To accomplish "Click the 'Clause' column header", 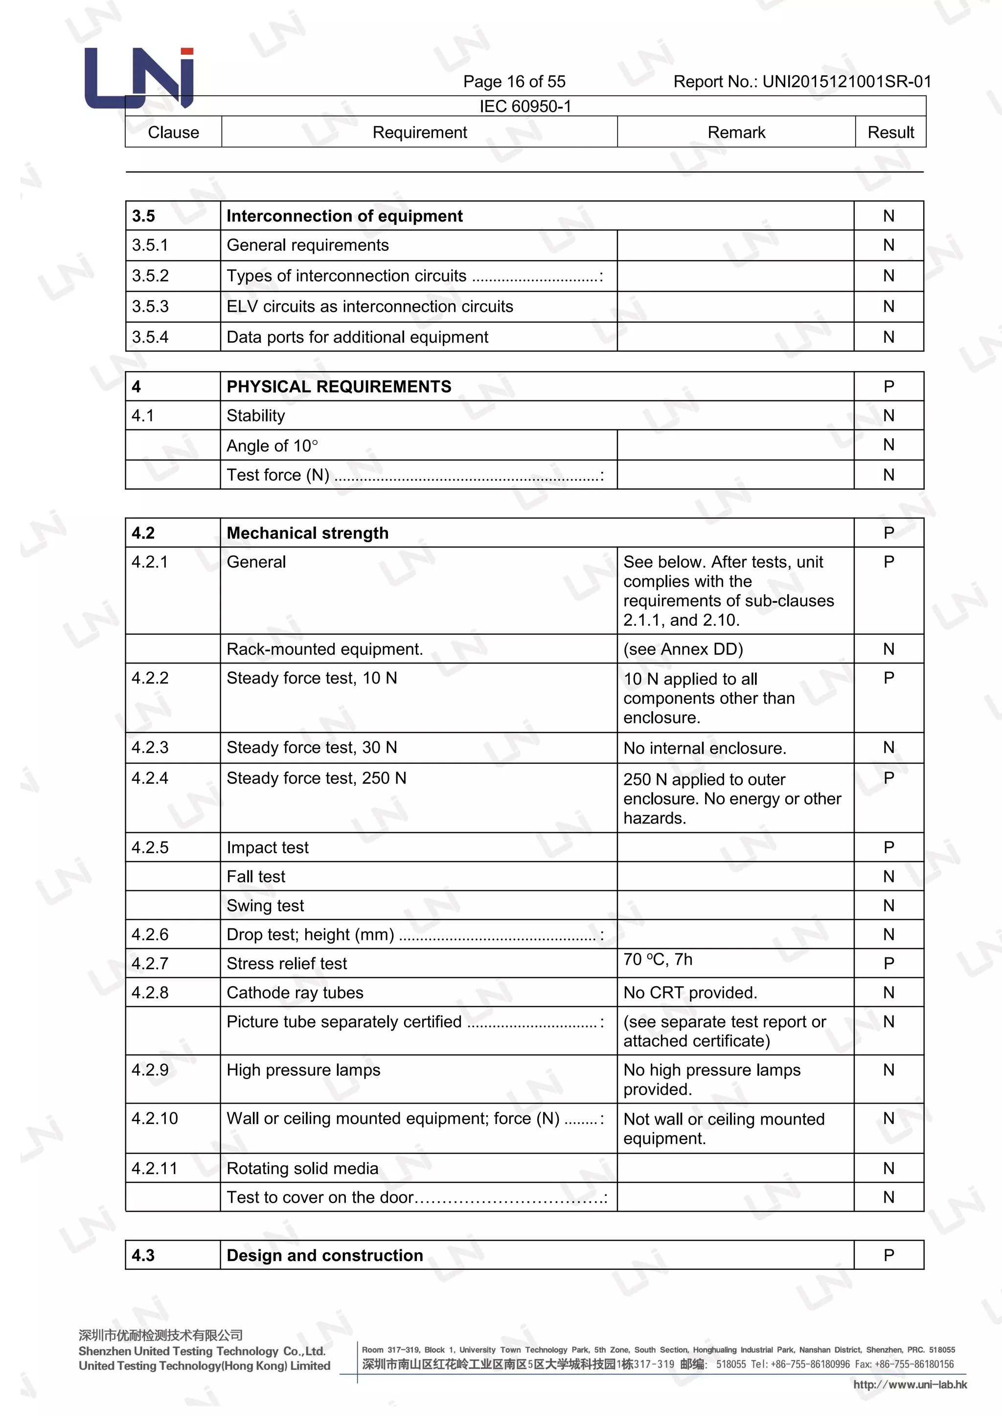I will point(173,133).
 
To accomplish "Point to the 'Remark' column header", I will point(735,133).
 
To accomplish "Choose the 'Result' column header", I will point(890,133).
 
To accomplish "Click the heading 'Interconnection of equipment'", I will point(344,216).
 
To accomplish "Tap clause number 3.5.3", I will point(150,307).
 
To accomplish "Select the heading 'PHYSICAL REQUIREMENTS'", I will point(339,387).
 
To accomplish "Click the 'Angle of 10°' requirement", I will point(272,446).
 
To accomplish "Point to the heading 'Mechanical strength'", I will point(307,533).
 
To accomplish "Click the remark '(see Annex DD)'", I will point(683,649).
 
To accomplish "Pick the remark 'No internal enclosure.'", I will point(705,748).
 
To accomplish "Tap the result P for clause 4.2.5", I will point(888,847).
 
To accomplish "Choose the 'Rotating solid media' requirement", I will point(302,1168).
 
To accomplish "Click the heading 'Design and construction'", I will point(324,1255).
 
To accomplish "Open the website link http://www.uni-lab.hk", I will point(910,1385).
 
